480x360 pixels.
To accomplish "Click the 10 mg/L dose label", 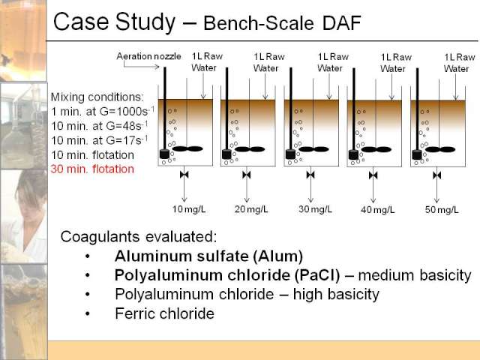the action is (189, 209).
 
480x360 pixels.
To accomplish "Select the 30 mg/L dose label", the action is (315, 209).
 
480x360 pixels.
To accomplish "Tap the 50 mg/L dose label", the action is (442, 210).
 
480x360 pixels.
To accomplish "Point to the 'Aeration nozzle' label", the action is (148, 56).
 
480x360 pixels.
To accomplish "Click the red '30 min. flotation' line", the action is (92, 169).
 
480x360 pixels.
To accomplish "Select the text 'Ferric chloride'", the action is (165, 313).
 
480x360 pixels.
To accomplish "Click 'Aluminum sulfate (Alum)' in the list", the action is (208, 256).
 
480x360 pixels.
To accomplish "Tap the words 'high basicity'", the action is (336, 294).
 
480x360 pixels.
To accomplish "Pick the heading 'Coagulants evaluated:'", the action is (138, 237).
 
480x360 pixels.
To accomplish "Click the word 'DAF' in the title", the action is (342, 23).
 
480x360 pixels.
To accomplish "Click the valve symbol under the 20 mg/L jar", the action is (247, 175).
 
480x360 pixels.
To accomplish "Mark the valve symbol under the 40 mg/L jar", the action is (373, 175).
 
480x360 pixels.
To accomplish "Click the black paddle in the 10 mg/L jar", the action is (188, 148).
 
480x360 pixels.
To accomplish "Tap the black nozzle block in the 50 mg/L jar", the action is (417, 154).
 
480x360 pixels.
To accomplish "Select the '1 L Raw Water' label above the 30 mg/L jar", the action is (333, 62).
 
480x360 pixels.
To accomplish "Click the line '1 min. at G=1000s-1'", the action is (103, 111).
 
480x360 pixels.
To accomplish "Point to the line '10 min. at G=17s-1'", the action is (100, 140).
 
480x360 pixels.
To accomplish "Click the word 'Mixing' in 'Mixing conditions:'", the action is (67, 97).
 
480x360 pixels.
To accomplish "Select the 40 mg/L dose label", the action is (377, 210).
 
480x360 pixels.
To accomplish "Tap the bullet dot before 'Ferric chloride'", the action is (88, 313).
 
